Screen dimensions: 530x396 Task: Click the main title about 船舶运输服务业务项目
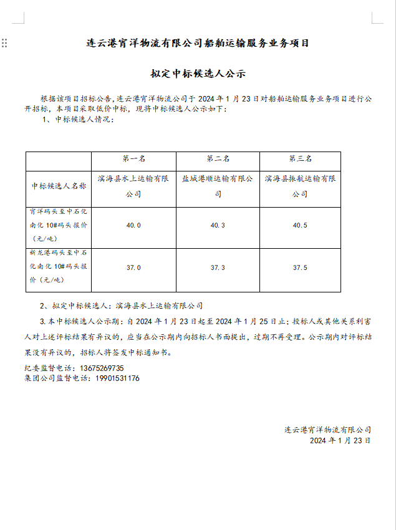click(x=198, y=44)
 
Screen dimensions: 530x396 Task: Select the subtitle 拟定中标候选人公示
click(x=198, y=74)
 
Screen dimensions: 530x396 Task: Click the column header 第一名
click(x=133, y=159)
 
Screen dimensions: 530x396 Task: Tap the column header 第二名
click(x=218, y=159)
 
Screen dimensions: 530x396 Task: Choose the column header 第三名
click(x=300, y=159)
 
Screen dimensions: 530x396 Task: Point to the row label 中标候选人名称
click(x=59, y=186)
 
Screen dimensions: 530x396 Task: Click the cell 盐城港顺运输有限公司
click(x=218, y=186)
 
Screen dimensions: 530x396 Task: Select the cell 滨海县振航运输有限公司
click(x=300, y=186)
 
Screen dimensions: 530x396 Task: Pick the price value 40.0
click(x=133, y=225)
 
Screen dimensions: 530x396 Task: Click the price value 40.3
click(x=218, y=225)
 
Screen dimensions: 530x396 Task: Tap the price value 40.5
click(x=300, y=225)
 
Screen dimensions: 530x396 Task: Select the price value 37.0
click(x=133, y=267)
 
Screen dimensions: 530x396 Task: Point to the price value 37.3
click(x=218, y=267)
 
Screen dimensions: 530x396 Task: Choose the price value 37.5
click(x=300, y=267)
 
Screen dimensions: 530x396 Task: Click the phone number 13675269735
click(x=102, y=368)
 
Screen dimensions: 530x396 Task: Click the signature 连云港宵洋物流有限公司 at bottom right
click(x=327, y=430)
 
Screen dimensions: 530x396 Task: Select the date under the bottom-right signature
click(x=340, y=440)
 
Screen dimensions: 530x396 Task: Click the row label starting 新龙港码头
click(x=59, y=267)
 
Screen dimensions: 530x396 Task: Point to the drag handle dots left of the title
click(x=4, y=43)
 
